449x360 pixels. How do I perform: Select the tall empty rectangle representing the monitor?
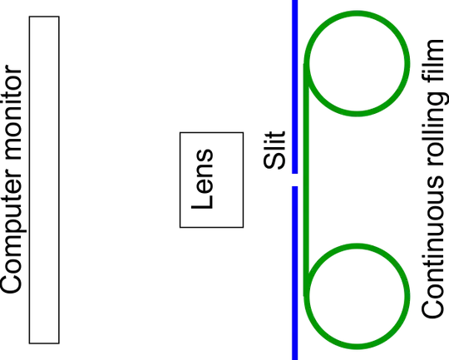[x=44, y=180]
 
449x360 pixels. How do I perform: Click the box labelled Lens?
[x=212, y=180]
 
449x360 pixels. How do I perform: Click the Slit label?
[x=274, y=150]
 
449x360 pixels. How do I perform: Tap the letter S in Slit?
[x=274, y=161]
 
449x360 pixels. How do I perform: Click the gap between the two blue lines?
[x=295, y=180]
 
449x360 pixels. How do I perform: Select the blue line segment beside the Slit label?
[x=295, y=86]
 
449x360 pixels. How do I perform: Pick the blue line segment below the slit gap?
[x=295, y=273]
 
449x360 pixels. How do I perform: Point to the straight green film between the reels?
[x=306, y=180]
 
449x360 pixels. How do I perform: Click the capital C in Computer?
[x=11, y=283]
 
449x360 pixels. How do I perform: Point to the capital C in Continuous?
[x=432, y=307]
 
